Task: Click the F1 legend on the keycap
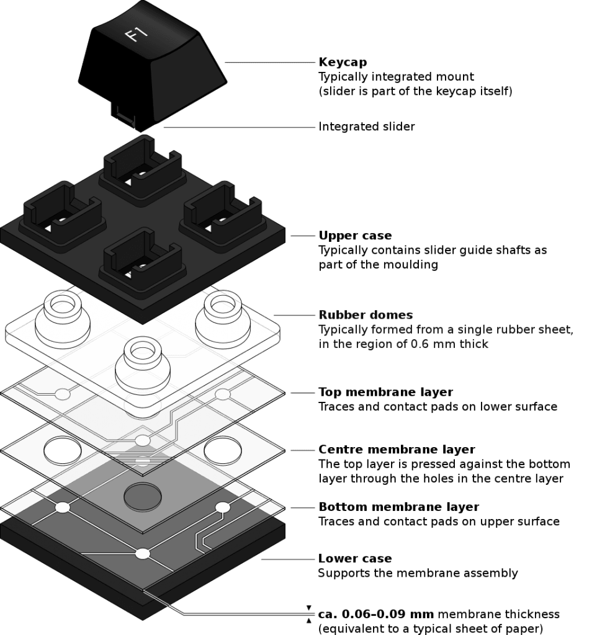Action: coord(136,33)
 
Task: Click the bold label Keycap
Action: coord(343,62)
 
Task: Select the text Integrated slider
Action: coord(366,127)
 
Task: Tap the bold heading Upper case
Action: coord(355,235)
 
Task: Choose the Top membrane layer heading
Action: coord(385,392)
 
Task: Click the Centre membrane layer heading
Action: coord(397,450)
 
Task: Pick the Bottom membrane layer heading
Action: coord(398,507)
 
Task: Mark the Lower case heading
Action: coord(354,559)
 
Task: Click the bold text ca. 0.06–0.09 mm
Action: coord(375,615)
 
